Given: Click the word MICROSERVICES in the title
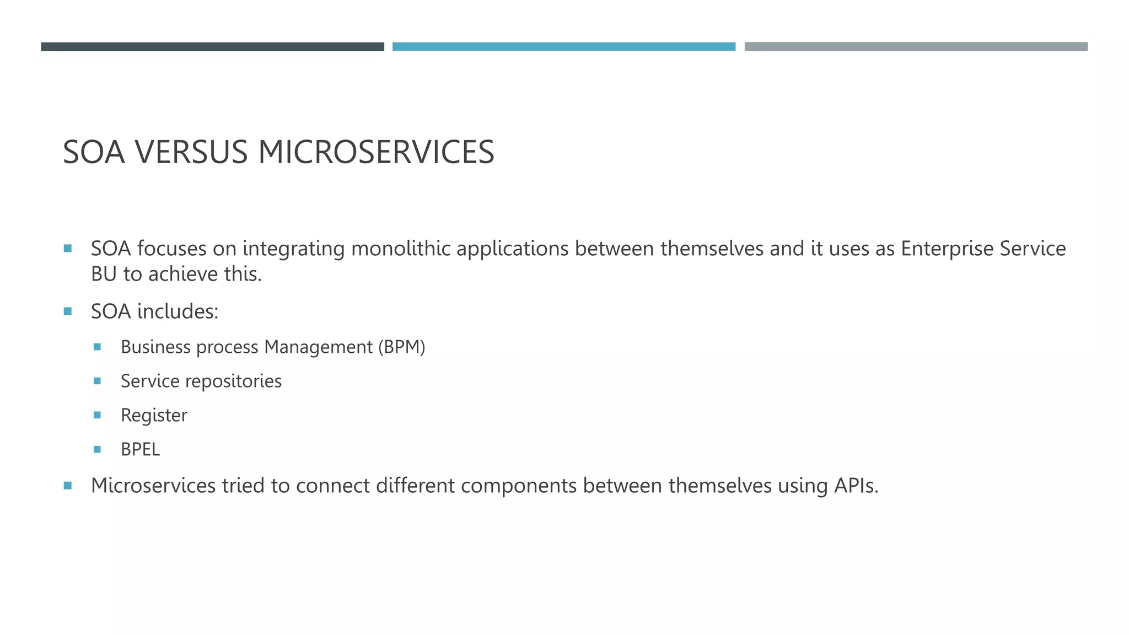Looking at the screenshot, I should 376,152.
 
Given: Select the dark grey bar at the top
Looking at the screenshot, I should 212,47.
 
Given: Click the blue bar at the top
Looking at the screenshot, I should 563,47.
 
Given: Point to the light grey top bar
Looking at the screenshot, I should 916,47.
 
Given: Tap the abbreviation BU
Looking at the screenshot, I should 104,274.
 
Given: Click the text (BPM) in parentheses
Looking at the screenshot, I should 401,347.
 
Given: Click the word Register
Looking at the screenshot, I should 154,415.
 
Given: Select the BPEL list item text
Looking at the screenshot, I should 140,449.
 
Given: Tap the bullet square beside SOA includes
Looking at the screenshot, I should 68,311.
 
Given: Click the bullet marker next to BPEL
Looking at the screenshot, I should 98,449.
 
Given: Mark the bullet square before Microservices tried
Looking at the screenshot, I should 68,486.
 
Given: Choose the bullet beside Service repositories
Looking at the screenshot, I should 98,381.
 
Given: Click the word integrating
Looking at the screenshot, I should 293,249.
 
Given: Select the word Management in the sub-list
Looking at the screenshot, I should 318,347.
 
